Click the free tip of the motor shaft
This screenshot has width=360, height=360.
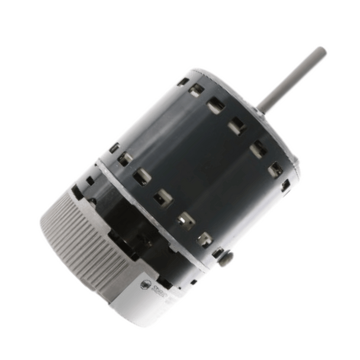click(x=322, y=52)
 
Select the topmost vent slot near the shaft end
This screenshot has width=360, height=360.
click(x=183, y=82)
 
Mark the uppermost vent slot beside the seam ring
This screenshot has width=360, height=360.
click(x=113, y=147)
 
